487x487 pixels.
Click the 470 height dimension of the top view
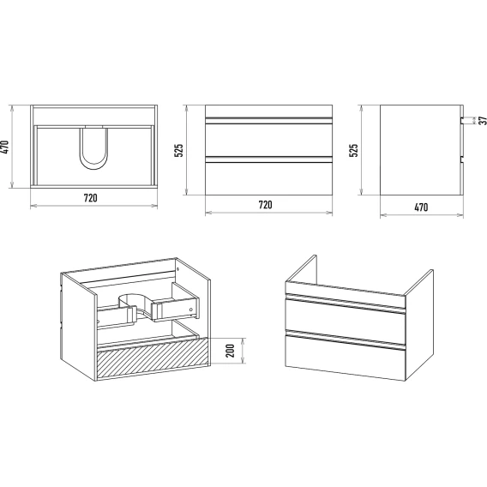point(5,147)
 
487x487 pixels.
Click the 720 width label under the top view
point(90,198)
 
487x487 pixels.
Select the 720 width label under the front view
point(265,205)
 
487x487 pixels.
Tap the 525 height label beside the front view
point(179,150)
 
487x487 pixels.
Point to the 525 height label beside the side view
point(354,150)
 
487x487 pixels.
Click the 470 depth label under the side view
point(421,207)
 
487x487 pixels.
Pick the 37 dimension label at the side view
point(483,121)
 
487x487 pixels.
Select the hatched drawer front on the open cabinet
point(153,358)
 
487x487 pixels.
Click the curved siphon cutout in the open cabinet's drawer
point(136,306)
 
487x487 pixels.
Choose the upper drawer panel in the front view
point(268,140)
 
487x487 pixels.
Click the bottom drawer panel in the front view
point(268,178)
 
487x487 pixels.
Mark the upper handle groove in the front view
point(268,121)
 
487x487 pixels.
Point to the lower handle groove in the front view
point(268,159)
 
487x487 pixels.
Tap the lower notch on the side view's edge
point(462,159)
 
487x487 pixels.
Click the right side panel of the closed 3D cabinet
point(419,325)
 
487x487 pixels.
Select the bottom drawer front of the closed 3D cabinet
point(346,358)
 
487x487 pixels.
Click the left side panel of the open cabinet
point(78,327)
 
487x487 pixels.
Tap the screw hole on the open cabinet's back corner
point(177,269)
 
